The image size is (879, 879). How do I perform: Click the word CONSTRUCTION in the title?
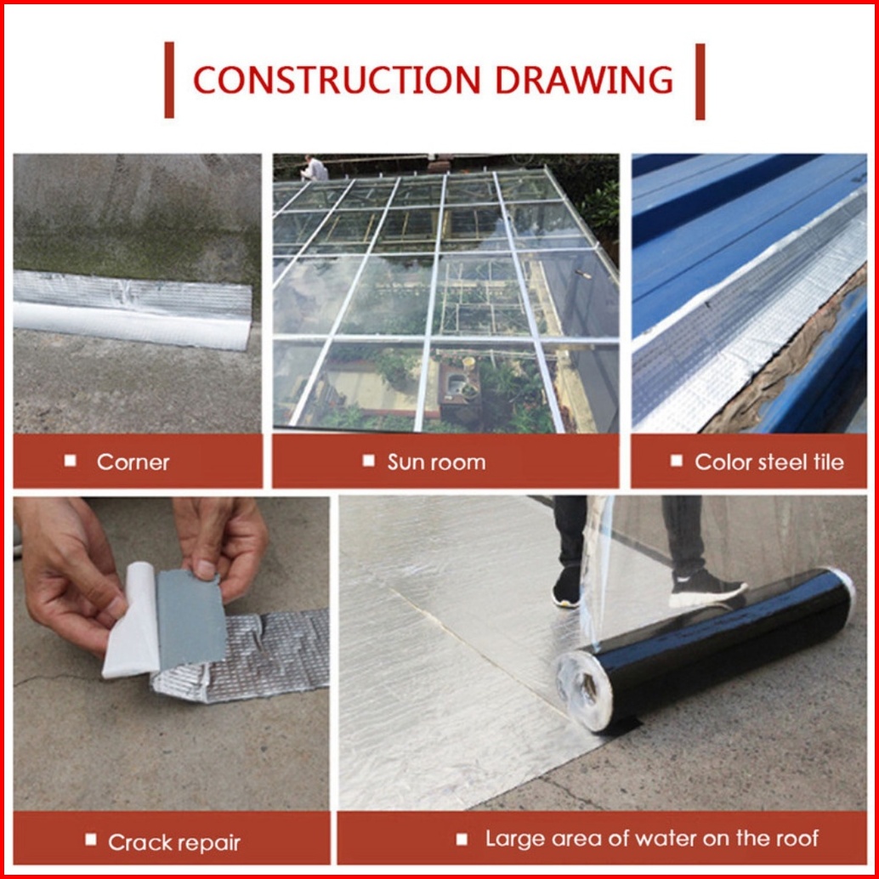pos(337,80)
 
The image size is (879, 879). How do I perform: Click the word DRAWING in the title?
pos(583,80)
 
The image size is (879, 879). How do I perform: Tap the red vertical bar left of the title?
pos(169,80)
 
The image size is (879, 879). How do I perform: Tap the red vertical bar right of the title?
pos(700,82)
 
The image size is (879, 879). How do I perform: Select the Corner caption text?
pos(133,462)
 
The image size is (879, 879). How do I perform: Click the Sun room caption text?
pos(437,462)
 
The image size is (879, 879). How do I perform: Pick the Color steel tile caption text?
pos(769,462)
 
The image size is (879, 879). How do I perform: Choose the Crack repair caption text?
pos(174,842)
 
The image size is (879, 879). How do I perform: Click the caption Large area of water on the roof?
pos(652,839)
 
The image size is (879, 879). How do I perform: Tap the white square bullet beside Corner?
pos(70,461)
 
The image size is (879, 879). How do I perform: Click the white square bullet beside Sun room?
pos(368,461)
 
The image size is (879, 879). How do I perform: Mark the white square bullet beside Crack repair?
pos(91,840)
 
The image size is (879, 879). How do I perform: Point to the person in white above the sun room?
pos(315,168)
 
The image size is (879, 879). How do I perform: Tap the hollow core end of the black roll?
pos(587,690)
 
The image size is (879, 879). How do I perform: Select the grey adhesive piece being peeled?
pos(190,620)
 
